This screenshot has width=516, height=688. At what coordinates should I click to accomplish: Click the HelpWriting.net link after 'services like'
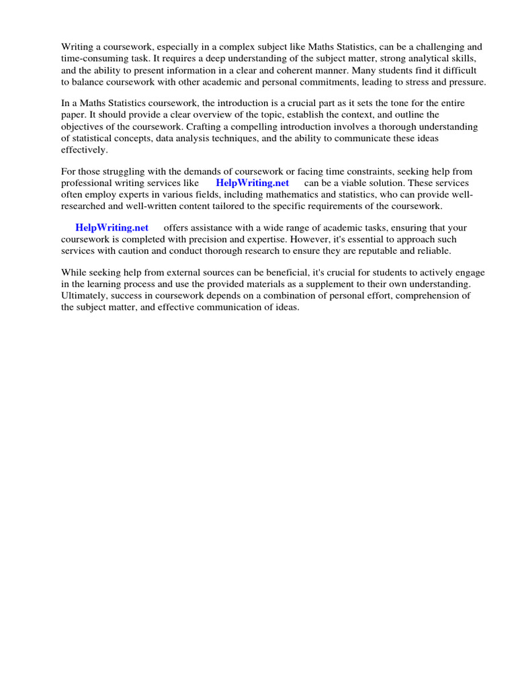tap(252, 183)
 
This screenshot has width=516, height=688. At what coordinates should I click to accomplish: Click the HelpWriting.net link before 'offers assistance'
tap(112, 228)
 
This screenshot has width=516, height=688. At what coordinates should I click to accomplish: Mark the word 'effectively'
tap(84, 149)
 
